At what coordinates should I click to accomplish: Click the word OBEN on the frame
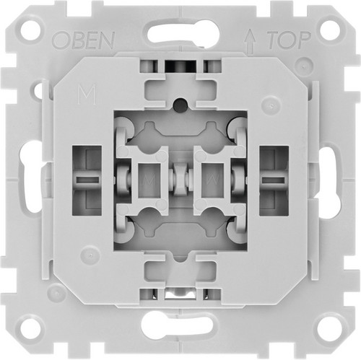[x=83, y=40]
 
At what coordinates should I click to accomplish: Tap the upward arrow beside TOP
[x=251, y=42]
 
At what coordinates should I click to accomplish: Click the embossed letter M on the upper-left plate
[x=87, y=95]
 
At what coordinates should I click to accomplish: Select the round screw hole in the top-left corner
[x=30, y=30]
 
